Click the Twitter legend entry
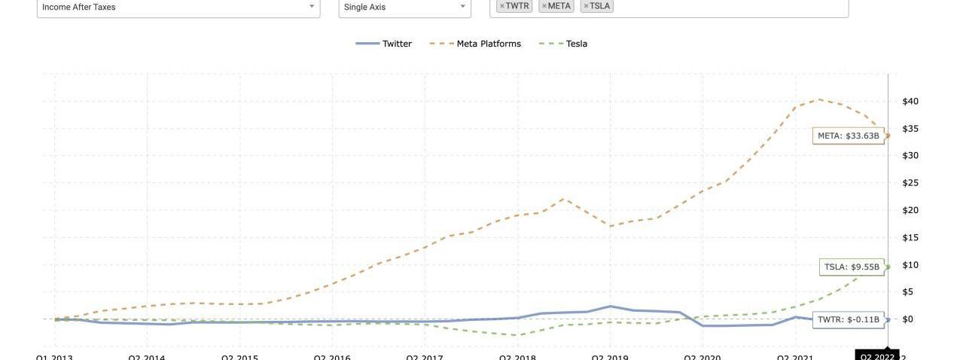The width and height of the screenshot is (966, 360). click(385, 44)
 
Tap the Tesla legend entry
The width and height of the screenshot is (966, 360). click(564, 44)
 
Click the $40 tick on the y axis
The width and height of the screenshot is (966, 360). click(910, 101)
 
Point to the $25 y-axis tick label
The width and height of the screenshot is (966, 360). click(910, 183)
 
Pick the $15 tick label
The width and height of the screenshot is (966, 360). click(910, 237)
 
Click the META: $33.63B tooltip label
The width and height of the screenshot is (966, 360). click(849, 136)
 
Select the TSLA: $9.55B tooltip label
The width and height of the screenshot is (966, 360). click(852, 267)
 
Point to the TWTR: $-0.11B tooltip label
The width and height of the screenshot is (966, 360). click(849, 319)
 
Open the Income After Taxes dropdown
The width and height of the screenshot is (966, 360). click(178, 8)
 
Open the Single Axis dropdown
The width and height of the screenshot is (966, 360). click(404, 8)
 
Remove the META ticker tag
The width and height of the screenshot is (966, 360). click(544, 6)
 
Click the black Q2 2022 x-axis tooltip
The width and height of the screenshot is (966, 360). click(877, 355)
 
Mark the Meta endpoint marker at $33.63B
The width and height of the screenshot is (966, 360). click(888, 136)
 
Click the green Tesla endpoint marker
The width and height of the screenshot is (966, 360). click(888, 267)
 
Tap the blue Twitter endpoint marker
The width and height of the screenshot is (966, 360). click(888, 320)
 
